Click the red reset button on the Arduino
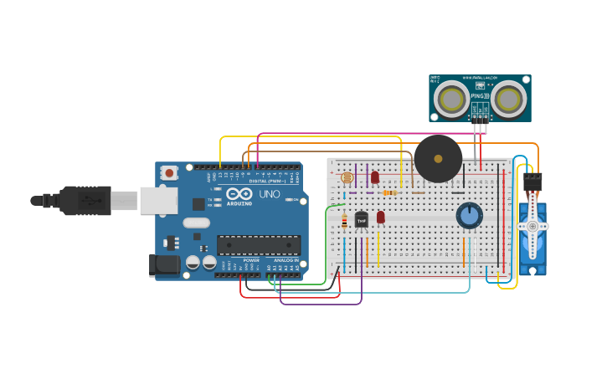[x=169, y=173]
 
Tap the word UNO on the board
[x=270, y=194]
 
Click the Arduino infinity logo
[x=239, y=194]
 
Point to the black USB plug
[x=84, y=201]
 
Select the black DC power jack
[x=164, y=265]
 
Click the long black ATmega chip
[x=259, y=245]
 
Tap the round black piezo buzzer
[x=438, y=158]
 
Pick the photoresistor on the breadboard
[x=347, y=178]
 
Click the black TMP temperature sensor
[x=362, y=220]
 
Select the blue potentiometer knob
[x=470, y=215]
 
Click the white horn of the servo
[x=532, y=227]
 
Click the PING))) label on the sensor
[x=480, y=97]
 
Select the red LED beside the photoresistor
[x=375, y=177]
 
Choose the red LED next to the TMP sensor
[x=380, y=218]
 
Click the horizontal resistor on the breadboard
[x=389, y=193]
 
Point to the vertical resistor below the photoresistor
[x=344, y=222]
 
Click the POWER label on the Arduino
[x=251, y=260]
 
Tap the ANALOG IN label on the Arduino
[x=286, y=260]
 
